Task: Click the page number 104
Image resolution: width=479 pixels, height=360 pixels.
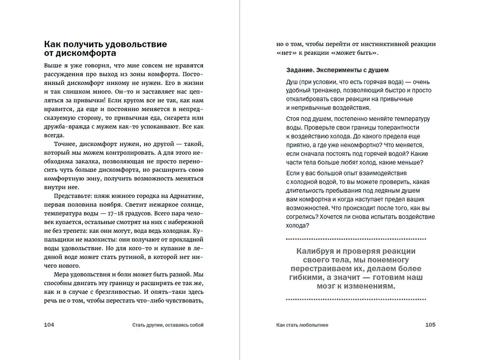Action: (x=49, y=325)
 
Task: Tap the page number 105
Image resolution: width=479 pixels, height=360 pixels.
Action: (x=430, y=325)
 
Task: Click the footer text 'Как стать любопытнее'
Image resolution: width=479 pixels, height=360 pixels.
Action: (x=302, y=325)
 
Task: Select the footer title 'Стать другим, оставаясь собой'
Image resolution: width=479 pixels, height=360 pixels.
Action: (x=168, y=325)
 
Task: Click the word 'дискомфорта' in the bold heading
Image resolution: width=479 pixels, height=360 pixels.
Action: (x=86, y=53)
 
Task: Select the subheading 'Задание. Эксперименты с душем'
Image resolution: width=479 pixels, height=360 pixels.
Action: (x=337, y=70)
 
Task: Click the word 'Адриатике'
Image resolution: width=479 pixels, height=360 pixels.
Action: (x=187, y=196)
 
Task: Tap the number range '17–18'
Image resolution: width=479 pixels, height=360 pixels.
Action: (x=116, y=213)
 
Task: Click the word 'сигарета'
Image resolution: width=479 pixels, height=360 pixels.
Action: (x=176, y=118)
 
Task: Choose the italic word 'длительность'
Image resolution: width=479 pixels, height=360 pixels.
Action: (x=305, y=191)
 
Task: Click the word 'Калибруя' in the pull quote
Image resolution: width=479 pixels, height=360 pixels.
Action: (x=315, y=251)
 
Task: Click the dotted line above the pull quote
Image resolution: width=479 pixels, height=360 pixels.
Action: (x=356, y=239)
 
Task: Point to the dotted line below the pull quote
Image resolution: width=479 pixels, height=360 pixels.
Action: (x=356, y=299)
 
